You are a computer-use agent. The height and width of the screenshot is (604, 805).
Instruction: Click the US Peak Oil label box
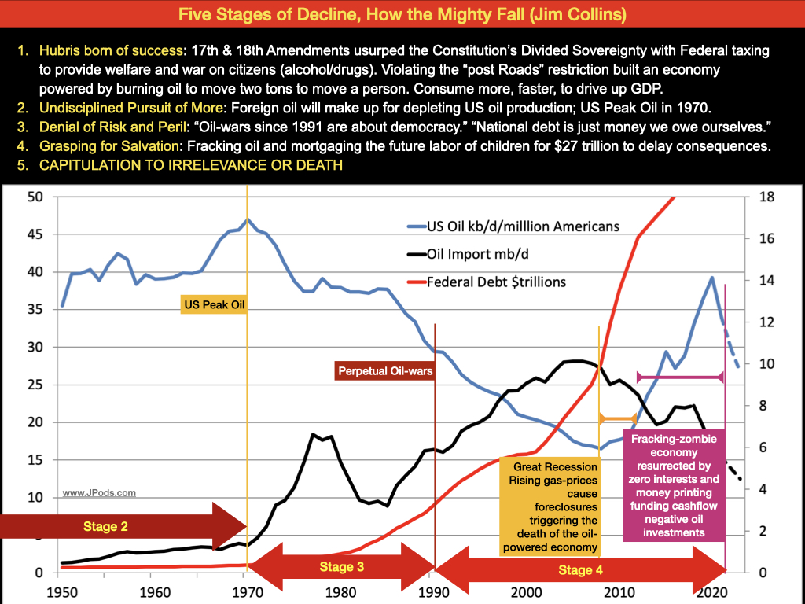[214, 303]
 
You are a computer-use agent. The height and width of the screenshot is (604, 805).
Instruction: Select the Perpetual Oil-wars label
[385, 370]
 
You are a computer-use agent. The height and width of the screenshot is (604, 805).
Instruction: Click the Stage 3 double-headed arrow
[342, 566]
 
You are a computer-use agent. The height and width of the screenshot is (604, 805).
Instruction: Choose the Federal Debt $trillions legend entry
[495, 281]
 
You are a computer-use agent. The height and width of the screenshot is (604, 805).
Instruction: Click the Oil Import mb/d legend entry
[479, 254]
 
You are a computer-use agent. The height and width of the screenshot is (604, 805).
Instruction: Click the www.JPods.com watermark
[99, 493]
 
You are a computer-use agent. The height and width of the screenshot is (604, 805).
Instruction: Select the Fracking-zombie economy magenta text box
[675, 485]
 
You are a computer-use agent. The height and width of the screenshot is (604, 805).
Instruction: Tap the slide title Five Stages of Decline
[402, 14]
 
